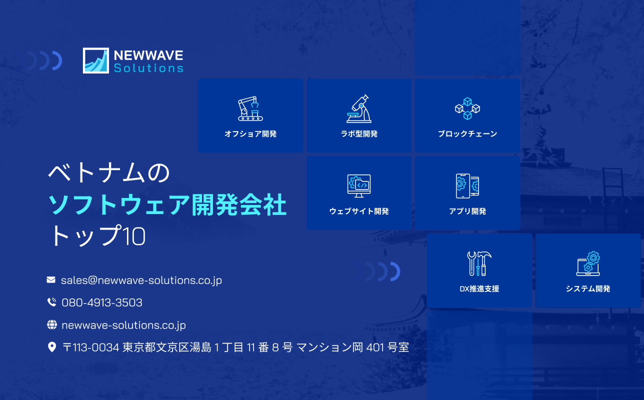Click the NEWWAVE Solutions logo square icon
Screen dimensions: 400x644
95,60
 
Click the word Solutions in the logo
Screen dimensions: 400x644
148,68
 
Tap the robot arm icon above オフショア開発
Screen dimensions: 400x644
250,108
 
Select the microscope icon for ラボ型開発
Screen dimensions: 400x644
359,108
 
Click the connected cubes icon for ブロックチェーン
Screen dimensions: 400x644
467,108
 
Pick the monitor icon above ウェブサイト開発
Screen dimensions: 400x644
359,186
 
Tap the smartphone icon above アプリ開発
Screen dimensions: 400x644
467,186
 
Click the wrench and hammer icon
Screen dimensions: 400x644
479,263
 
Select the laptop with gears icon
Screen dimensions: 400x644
588,263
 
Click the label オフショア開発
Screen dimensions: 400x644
250,134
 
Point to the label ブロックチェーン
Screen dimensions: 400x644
467,134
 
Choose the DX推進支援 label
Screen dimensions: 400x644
479,289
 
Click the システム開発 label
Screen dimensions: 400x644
588,289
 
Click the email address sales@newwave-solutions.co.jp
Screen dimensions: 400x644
141,280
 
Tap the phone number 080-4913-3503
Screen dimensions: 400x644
102,302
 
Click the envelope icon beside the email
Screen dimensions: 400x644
51,280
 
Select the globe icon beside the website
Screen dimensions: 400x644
51,325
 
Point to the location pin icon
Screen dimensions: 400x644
51,347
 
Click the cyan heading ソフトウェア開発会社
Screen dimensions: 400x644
167,205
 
